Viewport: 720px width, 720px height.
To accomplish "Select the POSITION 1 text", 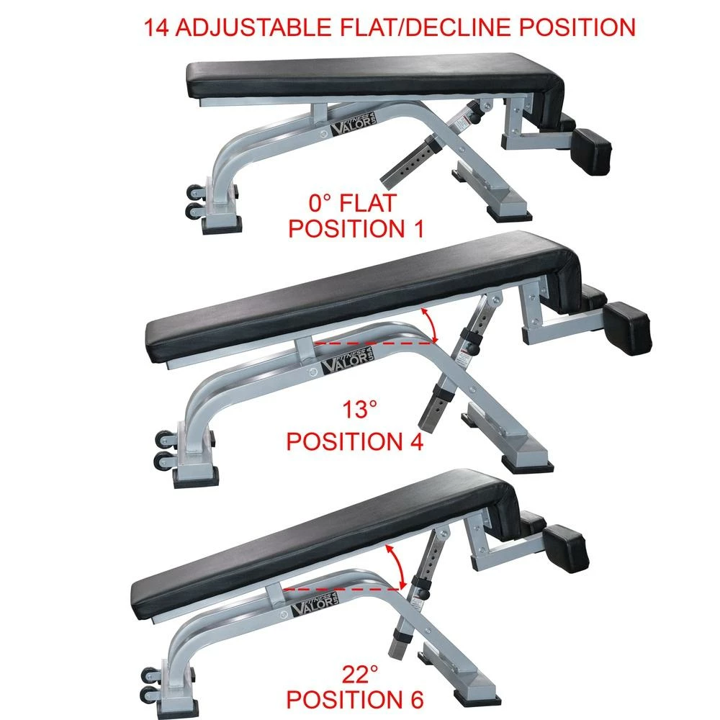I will point(355,229).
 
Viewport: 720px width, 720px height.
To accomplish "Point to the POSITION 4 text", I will point(355,441).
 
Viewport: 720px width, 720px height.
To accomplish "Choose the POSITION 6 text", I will point(355,700).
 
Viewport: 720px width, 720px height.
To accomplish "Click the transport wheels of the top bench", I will point(194,202).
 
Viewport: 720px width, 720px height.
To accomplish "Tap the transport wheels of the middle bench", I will point(163,450).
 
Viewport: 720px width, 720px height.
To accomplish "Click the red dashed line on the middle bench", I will point(374,343).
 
